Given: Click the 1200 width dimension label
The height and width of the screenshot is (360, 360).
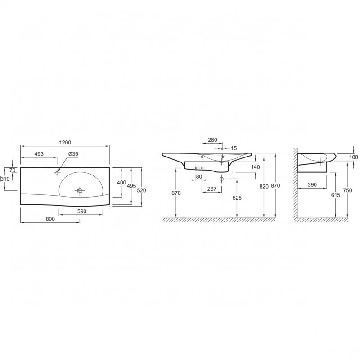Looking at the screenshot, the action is [65, 143].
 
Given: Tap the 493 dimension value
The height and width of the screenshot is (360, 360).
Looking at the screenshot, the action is [39, 154].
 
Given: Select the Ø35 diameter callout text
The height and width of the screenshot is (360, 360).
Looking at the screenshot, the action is [73, 154].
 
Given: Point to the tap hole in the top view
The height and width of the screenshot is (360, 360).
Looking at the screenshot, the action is [57, 172].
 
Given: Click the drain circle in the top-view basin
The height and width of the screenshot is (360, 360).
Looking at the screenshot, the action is [80, 190].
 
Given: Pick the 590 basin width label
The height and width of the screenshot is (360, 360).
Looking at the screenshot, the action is [82, 211].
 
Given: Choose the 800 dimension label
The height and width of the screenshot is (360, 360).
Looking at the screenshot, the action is [50, 219].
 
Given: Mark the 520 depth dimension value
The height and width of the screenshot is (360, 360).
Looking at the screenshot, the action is [141, 190].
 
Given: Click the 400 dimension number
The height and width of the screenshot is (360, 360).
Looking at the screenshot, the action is [121, 183].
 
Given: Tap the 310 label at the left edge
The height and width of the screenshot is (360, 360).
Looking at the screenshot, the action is [5, 179].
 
